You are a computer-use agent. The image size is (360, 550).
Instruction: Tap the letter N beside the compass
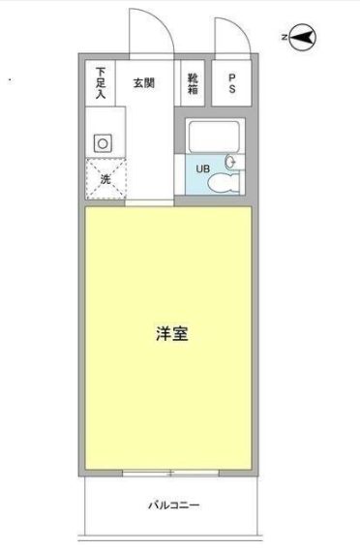coord(285,39)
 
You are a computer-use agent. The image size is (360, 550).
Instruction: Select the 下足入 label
coord(100,81)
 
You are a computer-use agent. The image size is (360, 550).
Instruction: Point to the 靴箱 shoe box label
coord(194,84)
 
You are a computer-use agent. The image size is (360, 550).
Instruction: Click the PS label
coord(233,84)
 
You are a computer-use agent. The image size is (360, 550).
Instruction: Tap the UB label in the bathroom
coord(202,169)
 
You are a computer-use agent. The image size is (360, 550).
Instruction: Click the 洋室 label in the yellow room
coord(170,334)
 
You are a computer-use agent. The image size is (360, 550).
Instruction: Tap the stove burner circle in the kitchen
coord(102,142)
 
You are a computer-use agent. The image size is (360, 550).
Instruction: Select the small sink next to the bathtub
coord(232,161)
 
